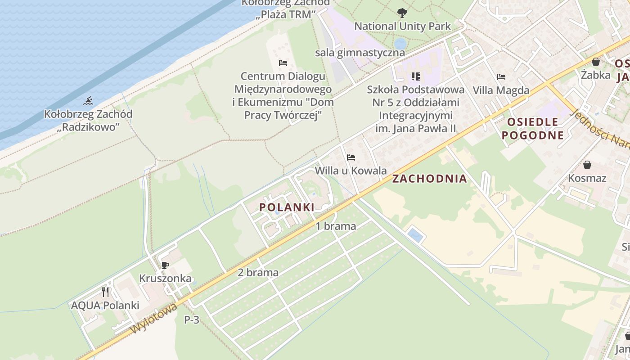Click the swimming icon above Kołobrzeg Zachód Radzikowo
pos(89,101)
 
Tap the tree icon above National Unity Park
pos(402,13)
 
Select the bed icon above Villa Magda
pos(501,77)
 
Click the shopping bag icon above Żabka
pos(596,62)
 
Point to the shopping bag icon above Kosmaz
pos(587,165)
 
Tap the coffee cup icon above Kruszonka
pos(165,265)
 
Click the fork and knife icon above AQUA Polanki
pos(105,292)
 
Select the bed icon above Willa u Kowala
pos(351,157)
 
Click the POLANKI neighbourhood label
pos(287,207)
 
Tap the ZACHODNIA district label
pos(429,179)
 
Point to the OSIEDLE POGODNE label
pos(533,128)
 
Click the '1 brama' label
pos(336,226)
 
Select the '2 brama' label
pos(258,273)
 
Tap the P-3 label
pos(192,320)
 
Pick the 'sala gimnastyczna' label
pos(360,53)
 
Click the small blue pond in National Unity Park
pos(400,44)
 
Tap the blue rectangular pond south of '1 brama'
pos(415,235)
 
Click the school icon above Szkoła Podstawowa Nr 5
pos(415,76)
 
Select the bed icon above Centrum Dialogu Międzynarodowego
pos(283,63)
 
